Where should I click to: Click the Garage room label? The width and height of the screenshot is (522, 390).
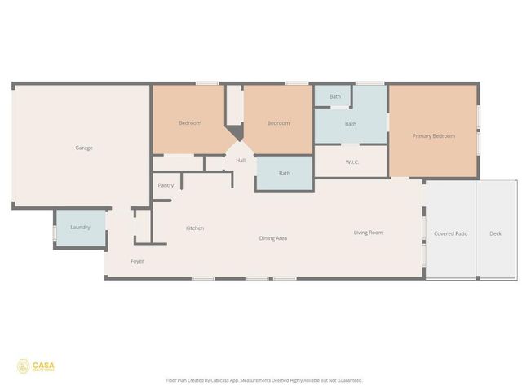83,148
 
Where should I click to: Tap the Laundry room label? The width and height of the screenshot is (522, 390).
80,227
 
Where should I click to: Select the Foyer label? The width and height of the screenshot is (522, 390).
138,261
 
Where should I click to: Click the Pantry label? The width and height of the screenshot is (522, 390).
166,186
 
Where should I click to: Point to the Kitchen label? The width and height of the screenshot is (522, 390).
195,228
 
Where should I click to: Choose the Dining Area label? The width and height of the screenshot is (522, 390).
273,238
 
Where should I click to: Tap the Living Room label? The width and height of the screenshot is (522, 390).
368,233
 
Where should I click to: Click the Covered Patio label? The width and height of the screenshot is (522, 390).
450,233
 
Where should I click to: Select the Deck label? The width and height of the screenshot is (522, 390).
496,233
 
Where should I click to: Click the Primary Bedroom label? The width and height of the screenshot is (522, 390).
433,135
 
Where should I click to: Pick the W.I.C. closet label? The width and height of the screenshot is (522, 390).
352,162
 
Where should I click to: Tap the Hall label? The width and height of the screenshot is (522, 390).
241,160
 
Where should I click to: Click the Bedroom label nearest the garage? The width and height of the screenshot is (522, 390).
190,123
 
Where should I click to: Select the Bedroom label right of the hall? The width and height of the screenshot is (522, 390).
279,123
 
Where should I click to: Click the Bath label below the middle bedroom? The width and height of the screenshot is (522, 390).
285,173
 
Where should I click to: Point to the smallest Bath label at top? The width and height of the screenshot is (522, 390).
335,97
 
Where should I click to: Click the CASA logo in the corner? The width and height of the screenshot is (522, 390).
36,366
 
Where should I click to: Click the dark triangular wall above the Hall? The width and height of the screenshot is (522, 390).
235,133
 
